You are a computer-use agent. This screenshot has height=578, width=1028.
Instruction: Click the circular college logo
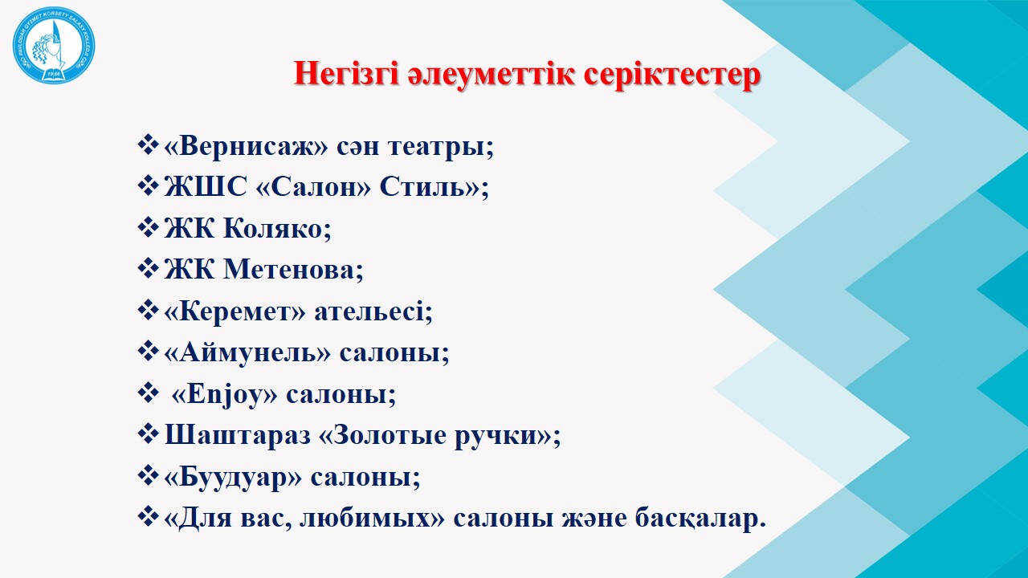coord(54,45)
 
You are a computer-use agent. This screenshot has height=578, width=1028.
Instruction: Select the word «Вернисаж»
coord(246,146)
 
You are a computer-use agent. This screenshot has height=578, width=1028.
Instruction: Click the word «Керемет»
coord(235,311)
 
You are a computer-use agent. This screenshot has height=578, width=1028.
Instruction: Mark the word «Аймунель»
coord(247,352)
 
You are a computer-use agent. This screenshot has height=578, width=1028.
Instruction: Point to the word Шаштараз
coord(237,435)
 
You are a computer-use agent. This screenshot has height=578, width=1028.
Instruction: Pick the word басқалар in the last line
coord(700,519)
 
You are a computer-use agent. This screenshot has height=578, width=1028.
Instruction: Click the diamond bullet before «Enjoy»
coord(149,394)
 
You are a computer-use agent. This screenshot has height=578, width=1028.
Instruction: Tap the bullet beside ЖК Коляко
coord(149,228)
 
